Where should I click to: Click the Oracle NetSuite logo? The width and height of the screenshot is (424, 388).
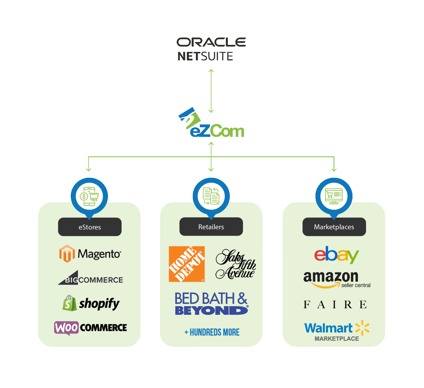(211, 49)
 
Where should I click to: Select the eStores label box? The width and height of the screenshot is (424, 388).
(90, 227)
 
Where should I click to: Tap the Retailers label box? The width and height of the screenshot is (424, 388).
(211, 227)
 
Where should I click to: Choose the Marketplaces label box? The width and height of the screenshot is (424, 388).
(334, 227)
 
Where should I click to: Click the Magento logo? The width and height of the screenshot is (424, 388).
(90, 254)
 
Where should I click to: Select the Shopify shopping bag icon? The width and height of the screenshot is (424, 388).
(69, 303)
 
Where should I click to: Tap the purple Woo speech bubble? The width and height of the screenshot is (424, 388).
(66, 328)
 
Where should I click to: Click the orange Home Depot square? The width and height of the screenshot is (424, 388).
(187, 264)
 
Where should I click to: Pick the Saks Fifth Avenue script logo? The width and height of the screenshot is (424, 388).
(235, 264)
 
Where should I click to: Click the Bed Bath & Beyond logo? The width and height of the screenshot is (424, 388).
(211, 304)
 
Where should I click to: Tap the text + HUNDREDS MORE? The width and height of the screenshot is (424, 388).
(212, 332)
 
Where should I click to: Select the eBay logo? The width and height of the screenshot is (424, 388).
(336, 255)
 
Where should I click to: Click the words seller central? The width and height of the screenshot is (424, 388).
(356, 285)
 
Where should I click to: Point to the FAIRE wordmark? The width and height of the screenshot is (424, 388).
(335, 304)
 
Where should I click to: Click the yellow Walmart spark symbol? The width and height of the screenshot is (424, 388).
(362, 328)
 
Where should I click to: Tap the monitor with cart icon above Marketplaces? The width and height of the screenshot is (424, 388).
(334, 196)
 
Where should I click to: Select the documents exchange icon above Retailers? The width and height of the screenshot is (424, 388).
(211, 196)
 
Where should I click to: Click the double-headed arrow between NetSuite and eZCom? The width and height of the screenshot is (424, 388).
(211, 91)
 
